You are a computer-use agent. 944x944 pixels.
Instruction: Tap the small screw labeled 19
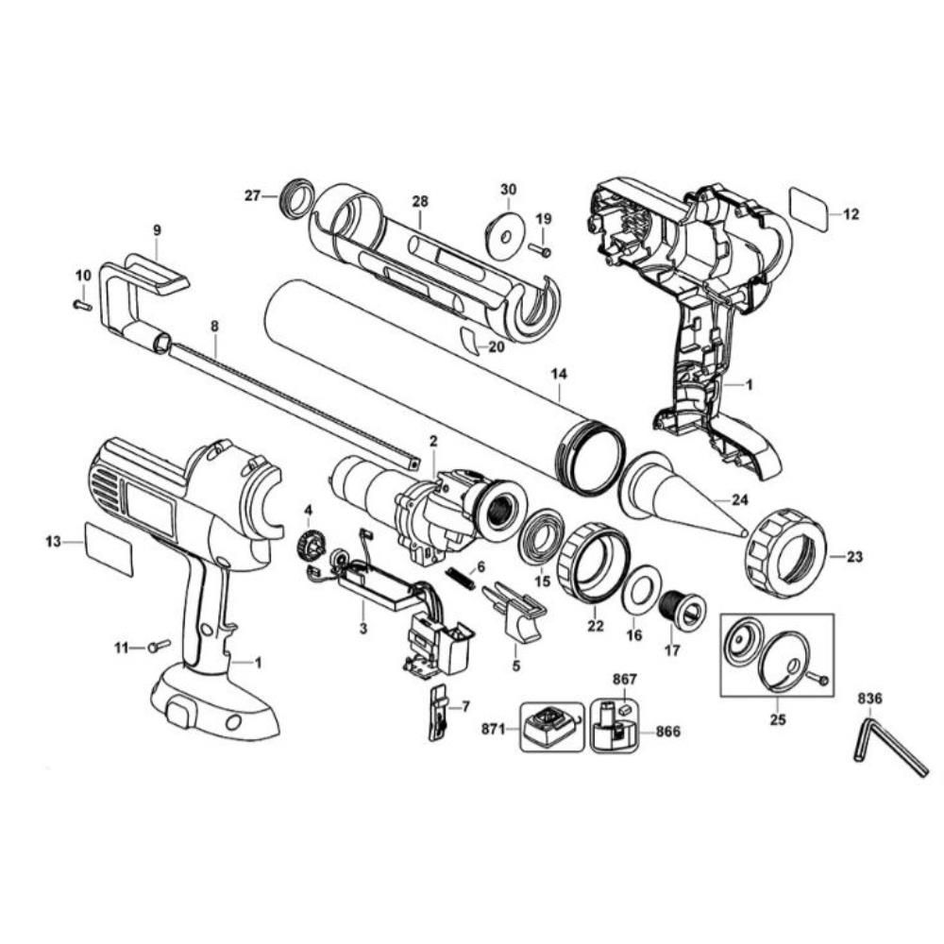pyautogui.click(x=541, y=249)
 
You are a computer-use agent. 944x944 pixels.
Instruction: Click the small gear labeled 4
pyautogui.click(x=309, y=547)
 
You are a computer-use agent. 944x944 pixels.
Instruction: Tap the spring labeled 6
pyautogui.click(x=461, y=576)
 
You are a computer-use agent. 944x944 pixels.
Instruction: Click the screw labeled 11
pyautogui.click(x=158, y=646)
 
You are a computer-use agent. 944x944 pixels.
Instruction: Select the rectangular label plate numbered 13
pyautogui.click(x=110, y=548)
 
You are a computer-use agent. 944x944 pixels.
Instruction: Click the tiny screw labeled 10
pyautogui.click(x=82, y=304)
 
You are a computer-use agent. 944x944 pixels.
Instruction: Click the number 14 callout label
pyautogui.click(x=560, y=374)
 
